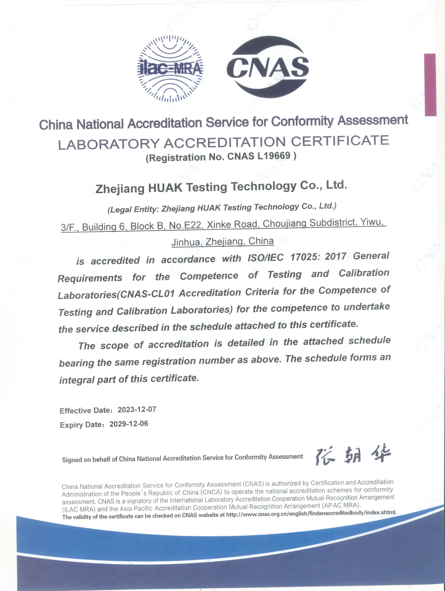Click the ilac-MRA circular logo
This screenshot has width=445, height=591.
click(171, 68)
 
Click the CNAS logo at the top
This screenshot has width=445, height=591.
click(268, 67)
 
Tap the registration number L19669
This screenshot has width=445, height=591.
click(273, 156)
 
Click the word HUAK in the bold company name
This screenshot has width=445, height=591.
click(165, 188)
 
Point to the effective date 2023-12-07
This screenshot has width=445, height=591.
click(137, 410)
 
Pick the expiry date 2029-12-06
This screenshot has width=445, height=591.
click(129, 424)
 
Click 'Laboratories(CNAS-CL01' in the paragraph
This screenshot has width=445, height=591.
click(116, 295)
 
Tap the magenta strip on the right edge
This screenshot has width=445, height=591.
click(430, 84)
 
